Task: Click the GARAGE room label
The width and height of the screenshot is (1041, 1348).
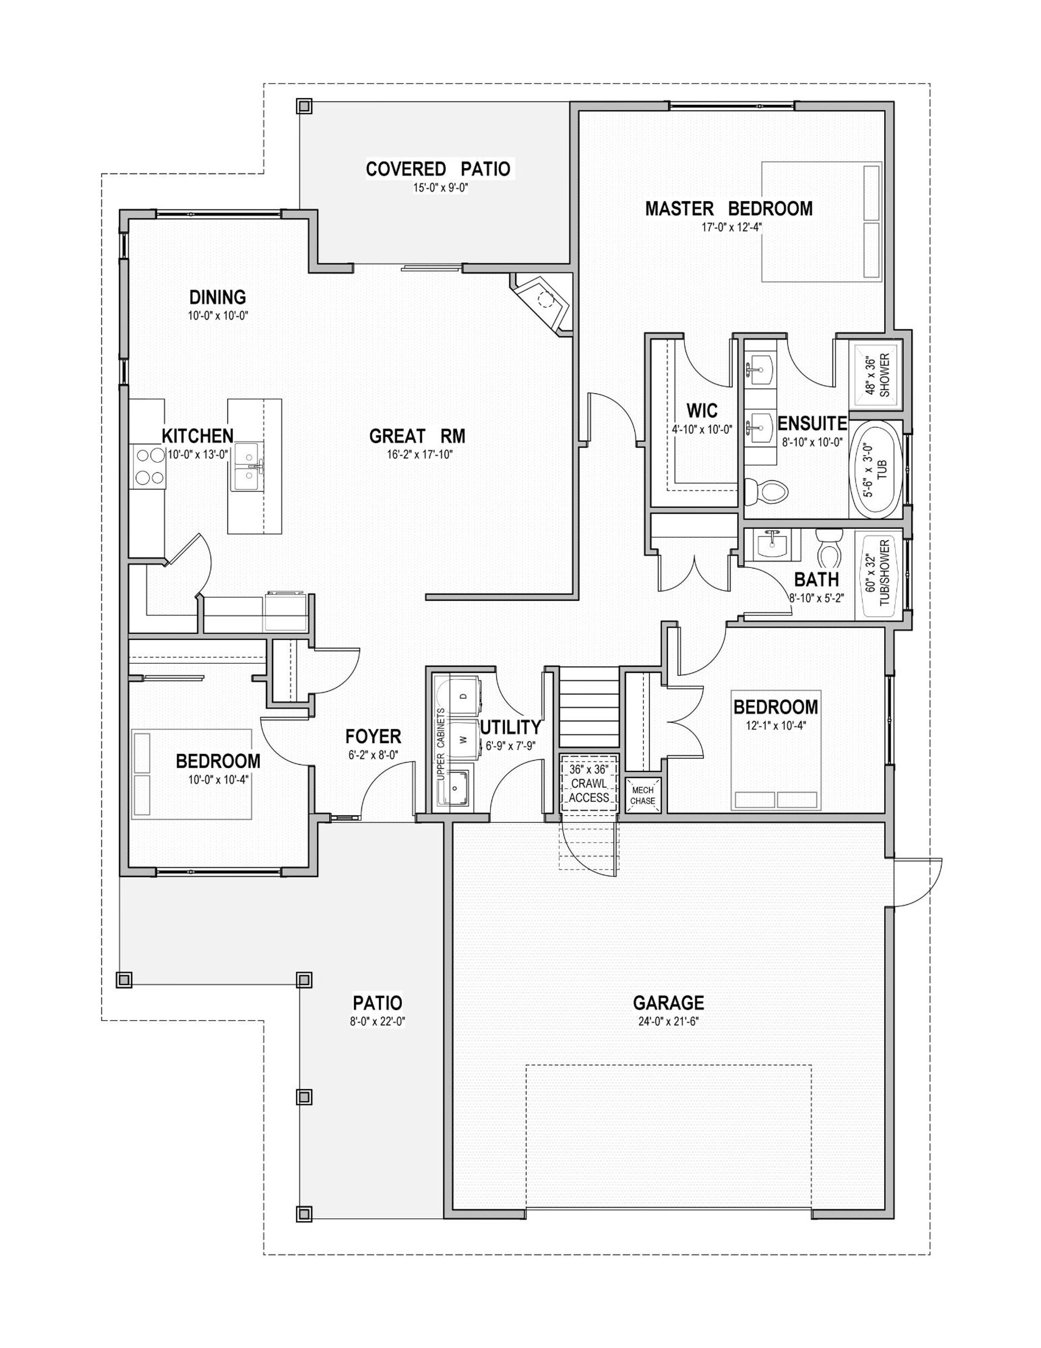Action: click(669, 1002)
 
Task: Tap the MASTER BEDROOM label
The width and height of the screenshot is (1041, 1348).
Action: click(729, 209)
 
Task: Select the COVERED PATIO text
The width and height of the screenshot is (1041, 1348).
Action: click(438, 169)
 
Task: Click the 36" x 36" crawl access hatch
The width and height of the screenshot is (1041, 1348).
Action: click(589, 784)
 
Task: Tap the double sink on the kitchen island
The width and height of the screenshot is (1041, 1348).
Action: click(247, 466)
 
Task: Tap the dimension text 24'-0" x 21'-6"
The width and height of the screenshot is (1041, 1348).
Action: click(669, 1021)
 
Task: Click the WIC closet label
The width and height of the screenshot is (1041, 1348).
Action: click(702, 411)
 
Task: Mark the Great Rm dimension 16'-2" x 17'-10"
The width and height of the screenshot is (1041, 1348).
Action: click(417, 455)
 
